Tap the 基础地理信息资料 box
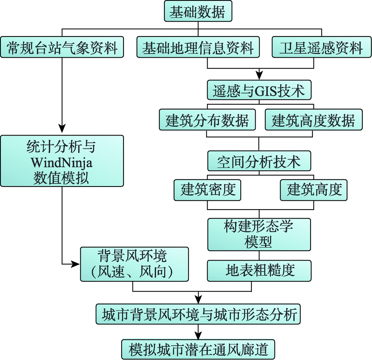[198, 47]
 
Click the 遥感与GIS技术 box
[259, 90]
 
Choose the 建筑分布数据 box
[207, 120]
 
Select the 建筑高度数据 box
[313, 120]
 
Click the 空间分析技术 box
[259, 161]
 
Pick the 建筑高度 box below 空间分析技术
[314, 190]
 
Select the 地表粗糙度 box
[259, 270]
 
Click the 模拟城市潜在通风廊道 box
[198, 349]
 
